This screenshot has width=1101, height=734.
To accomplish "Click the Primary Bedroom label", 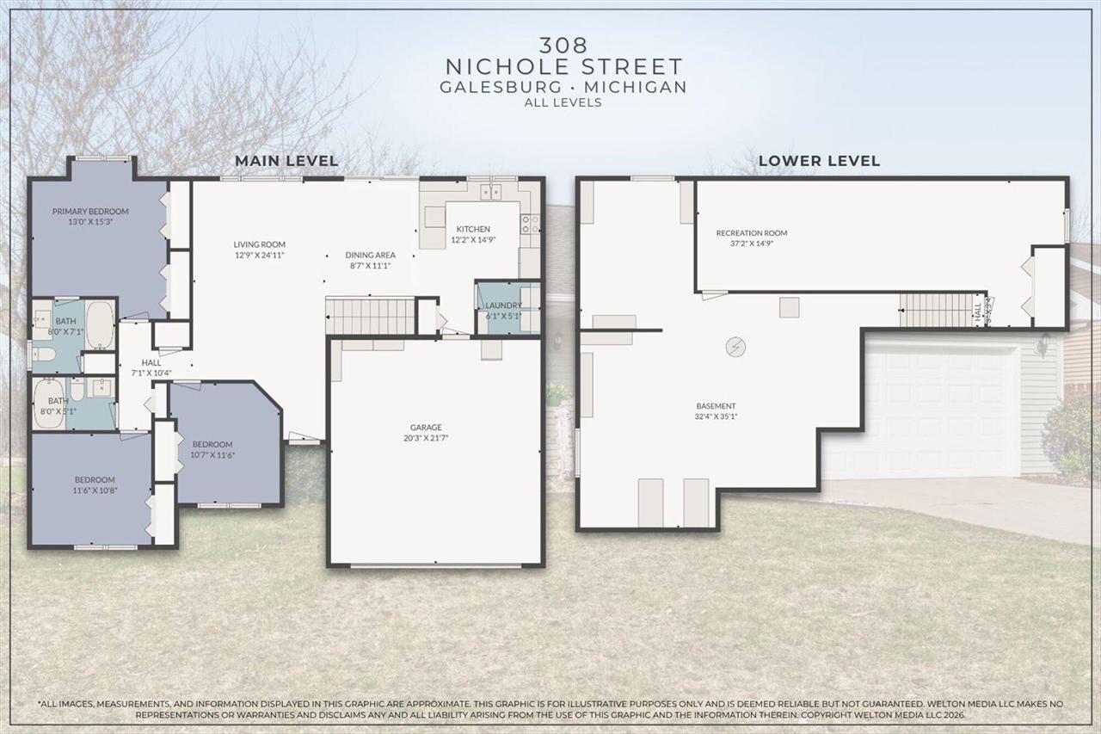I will [x=90, y=212].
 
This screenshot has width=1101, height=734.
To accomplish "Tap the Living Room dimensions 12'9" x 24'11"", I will [x=259, y=256].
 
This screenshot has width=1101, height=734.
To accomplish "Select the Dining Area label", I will [x=370, y=255].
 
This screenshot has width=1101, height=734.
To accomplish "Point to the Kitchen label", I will [x=473, y=229].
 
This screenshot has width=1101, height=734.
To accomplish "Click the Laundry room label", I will [x=503, y=305].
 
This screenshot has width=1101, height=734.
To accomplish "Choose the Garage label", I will [x=426, y=428].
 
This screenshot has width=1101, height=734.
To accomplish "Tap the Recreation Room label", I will [x=752, y=233].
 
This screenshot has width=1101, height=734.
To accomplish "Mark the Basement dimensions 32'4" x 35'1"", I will [x=717, y=416].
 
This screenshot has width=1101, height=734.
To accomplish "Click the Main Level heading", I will [x=286, y=161].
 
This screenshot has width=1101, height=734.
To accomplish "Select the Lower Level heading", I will [x=819, y=161].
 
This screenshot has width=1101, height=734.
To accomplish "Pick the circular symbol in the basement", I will [x=735, y=346].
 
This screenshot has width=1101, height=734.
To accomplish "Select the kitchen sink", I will [x=491, y=191].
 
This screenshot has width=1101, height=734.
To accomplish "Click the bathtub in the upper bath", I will [x=100, y=324].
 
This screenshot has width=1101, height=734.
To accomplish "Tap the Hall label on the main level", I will [x=151, y=363].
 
